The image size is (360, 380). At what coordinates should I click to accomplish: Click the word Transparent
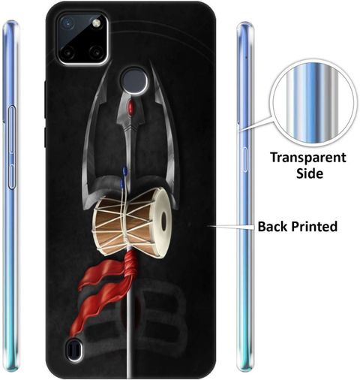coord(308,158)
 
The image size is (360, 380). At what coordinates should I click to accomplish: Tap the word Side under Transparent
coord(310,173)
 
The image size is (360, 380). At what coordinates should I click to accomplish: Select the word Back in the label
coord(273,226)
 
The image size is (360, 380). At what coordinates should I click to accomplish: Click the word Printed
coord(315,226)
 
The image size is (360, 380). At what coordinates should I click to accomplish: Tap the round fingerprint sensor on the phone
coord(134,80)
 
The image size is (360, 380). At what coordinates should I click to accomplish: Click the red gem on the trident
coord(130,106)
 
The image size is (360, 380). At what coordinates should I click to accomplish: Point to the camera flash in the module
coord(96,23)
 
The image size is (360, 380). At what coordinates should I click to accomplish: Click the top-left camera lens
coord(67,23)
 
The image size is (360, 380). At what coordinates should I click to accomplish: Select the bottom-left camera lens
coord(67,53)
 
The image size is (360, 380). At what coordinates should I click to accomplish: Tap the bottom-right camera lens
coord(95,53)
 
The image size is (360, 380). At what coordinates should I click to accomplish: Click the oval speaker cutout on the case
coord(74,349)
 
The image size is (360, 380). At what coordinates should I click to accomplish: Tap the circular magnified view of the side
coord(313,103)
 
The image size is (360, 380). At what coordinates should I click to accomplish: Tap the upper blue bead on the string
coord(124,170)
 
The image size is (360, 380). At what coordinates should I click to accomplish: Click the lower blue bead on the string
coord(121,182)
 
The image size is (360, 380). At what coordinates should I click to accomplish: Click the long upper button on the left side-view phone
coord(12,129)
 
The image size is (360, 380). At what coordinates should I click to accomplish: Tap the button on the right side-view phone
coord(244,159)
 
